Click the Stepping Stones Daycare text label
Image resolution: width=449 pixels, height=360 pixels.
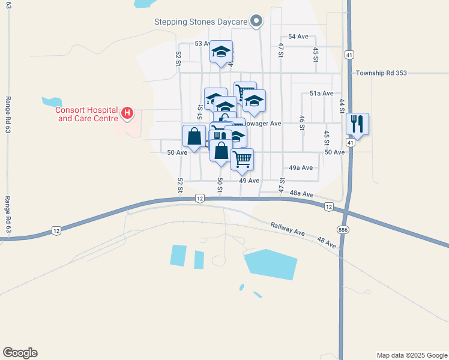click(201, 22)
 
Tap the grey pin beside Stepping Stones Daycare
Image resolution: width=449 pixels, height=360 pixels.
click(256, 22)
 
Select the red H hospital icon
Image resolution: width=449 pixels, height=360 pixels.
click(127, 112)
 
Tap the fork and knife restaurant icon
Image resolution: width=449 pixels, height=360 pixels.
click(357, 124)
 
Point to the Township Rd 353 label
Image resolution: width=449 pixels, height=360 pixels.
click(381, 73)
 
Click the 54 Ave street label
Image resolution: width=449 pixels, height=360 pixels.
click(298, 37)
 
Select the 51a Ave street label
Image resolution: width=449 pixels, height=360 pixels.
click(321, 94)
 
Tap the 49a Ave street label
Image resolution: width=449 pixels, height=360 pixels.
click(301, 168)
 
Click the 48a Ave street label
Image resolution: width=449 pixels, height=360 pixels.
click(301, 194)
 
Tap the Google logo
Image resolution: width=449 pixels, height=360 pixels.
click(20, 353)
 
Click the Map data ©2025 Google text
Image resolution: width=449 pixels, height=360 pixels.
click(411, 355)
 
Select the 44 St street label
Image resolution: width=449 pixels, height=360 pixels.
click(342, 106)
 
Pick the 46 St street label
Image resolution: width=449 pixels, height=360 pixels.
click(302, 122)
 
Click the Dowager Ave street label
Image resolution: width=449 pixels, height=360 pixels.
click(264, 124)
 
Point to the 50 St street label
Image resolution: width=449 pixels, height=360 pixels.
click(221, 185)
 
